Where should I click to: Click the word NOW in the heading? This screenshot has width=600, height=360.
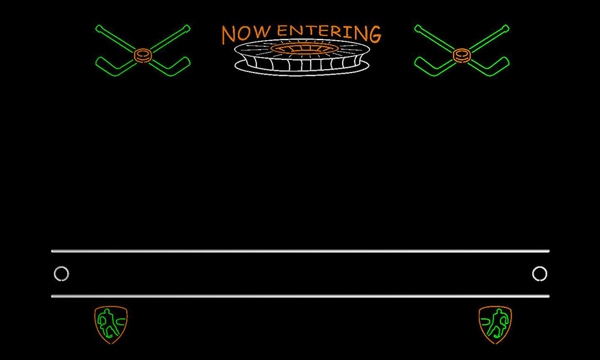tap(246, 34)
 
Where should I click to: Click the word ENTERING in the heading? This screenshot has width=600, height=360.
tap(329, 32)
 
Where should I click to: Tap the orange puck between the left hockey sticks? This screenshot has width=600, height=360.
tap(143, 55)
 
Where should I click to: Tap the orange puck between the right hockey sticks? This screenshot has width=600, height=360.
tap(462, 55)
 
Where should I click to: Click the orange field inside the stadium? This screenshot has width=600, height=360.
tap(304, 49)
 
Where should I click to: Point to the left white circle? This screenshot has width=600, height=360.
tap(61, 266)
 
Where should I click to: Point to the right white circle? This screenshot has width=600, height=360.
tap(539, 266)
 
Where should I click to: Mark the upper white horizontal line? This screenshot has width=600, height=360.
tap(301, 251)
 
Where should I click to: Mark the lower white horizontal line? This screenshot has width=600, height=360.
tap(301, 296)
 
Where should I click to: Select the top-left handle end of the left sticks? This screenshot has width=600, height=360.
tap(99, 28)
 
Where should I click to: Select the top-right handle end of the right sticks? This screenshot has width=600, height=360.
tap(506, 28)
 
